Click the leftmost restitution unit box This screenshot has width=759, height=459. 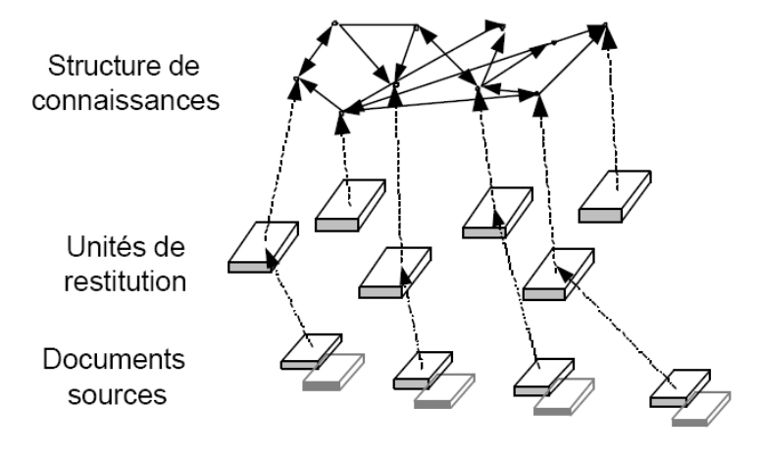click(262, 246)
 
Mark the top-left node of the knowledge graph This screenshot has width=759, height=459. click(334, 22)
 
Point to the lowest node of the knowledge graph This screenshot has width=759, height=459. click(339, 114)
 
